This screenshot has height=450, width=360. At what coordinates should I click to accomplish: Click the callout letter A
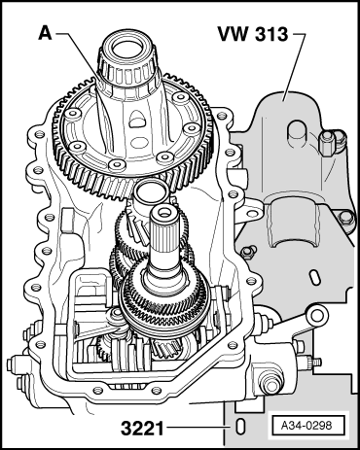(46, 33)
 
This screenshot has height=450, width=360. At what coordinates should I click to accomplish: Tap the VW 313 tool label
(253, 34)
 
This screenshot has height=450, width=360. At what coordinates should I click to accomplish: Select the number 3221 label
(142, 429)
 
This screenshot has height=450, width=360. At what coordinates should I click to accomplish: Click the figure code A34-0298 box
(306, 425)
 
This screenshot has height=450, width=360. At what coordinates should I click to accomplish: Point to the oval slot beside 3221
(239, 427)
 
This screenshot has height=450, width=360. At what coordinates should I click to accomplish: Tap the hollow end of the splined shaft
(164, 213)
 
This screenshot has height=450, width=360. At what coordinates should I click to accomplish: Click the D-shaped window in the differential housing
(137, 120)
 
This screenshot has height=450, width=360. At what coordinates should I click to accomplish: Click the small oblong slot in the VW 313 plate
(314, 277)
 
